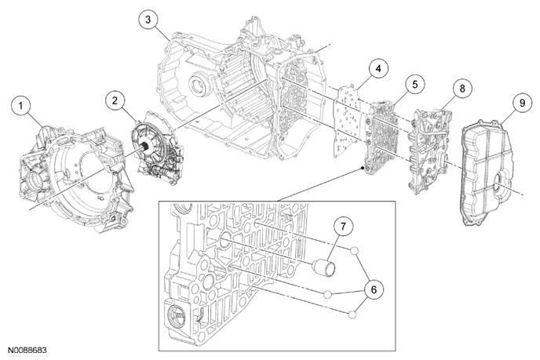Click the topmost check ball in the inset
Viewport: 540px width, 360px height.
[x=355, y=253]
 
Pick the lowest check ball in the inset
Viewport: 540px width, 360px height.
[x=351, y=314]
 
